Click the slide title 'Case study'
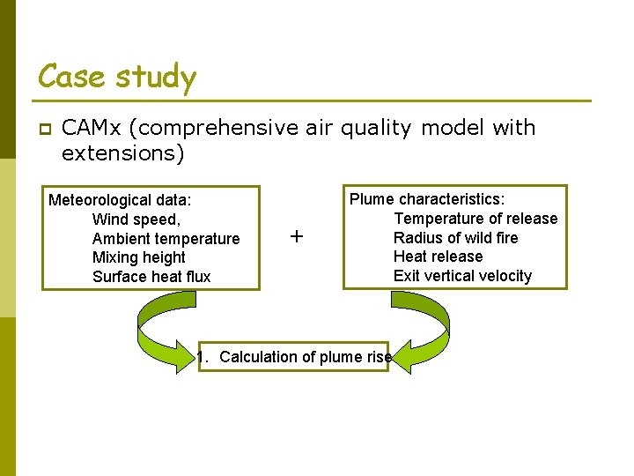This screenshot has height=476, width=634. click(x=117, y=78)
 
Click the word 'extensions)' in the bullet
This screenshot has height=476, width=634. click(x=122, y=153)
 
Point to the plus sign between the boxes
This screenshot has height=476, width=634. click(x=297, y=236)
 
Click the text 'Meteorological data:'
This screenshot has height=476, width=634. click(x=120, y=200)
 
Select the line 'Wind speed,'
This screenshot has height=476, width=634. click(x=136, y=219)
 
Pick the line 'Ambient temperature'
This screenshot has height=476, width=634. click(x=166, y=239)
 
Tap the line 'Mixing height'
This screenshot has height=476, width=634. click(x=139, y=257)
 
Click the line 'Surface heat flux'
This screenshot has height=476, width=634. click(x=151, y=277)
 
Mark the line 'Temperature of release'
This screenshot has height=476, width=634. click(x=475, y=219)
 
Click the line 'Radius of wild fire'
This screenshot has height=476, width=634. click(x=455, y=238)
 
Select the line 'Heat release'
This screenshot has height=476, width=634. click(x=438, y=257)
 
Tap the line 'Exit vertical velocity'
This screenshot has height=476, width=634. click(x=462, y=276)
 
